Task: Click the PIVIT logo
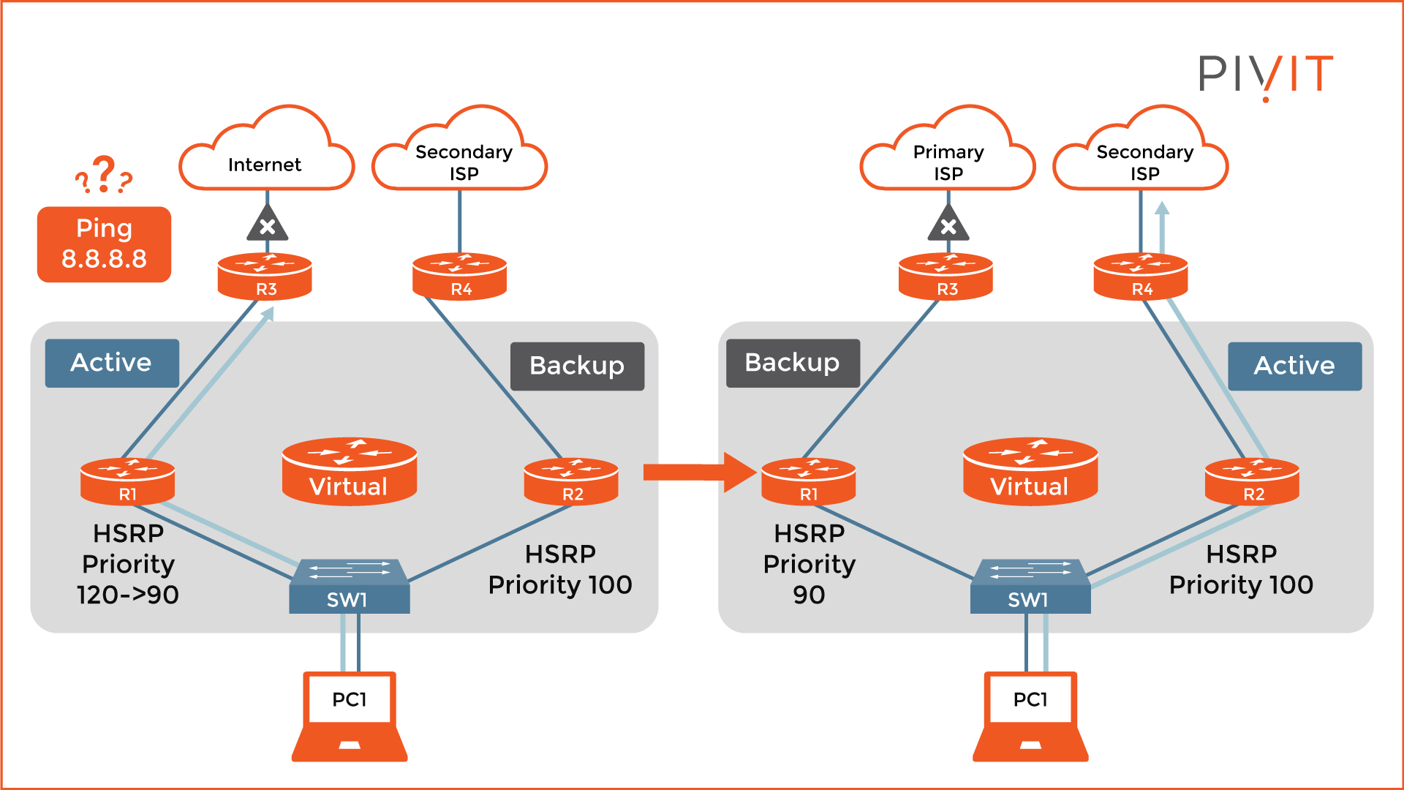tap(1265, 75)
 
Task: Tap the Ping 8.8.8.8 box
tap(104, 244)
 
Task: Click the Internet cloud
tap(266, 157)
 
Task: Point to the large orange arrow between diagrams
tap(699, 473)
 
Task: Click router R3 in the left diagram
tap(265, 276)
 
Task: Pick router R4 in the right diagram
tap(1140, 276)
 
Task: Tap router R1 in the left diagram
tap(127, 481)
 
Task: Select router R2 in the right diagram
tap(1252, 481)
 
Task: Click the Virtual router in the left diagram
tap(350, 472)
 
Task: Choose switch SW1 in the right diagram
tap(1030, 587)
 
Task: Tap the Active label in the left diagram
tap(112, 363)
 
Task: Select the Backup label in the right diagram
tap(793, 363)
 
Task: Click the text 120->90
tap(128, 595)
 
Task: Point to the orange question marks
tap(104, 176)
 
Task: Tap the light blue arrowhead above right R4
tap(1162, 208)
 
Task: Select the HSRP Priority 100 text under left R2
tap(560, 570)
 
